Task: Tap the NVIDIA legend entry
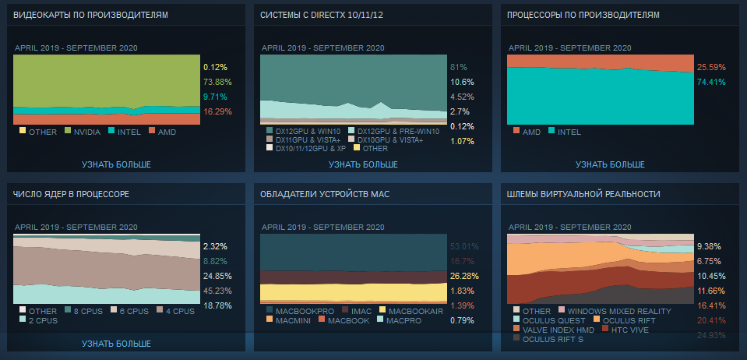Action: (86, 132)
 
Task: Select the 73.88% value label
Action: (217, 82)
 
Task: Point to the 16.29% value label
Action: (217, 111)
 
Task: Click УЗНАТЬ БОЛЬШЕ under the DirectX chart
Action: (363, 164)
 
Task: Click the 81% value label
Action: (458, 67)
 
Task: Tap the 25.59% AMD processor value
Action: (711, 67)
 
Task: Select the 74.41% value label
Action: (711, 82)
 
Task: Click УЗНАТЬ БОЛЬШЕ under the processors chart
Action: (610, 164)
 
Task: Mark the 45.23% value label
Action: (217, 291)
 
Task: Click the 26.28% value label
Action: (463, 276)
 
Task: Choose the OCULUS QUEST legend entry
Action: (554, 320)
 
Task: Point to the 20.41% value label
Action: (711, 320)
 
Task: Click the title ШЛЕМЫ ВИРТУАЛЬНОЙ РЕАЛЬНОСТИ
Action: (583, 193)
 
